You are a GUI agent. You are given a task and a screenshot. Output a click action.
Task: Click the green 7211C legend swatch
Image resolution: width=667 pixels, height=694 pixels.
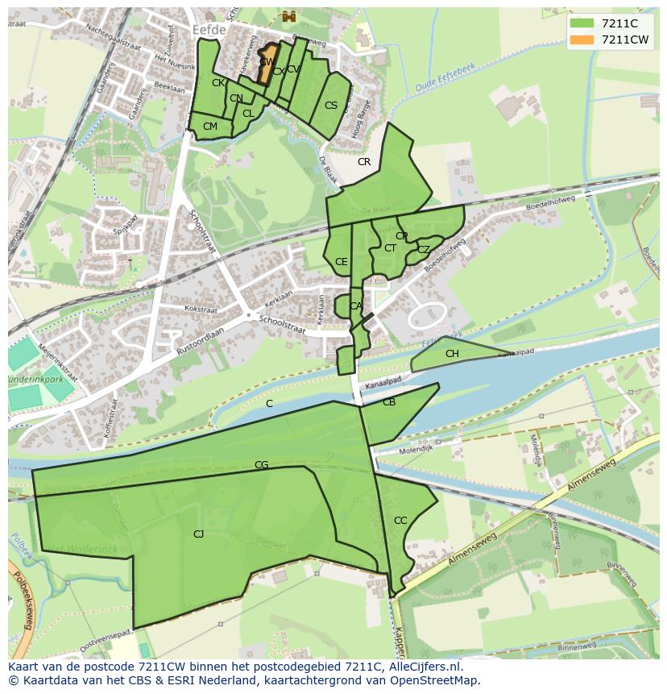pos(582,23)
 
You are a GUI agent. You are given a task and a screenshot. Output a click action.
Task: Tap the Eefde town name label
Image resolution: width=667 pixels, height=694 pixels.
pos(211,29)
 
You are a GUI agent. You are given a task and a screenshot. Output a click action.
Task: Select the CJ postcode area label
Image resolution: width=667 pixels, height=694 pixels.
pos(198,534)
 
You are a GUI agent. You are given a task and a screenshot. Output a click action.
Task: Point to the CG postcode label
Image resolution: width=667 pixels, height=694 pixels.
pos(261,465)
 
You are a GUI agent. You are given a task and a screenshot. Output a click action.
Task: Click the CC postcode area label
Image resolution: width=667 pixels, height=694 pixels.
pos(400,521)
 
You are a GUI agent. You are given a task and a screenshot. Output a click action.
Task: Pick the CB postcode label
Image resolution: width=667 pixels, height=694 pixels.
pos(389,402)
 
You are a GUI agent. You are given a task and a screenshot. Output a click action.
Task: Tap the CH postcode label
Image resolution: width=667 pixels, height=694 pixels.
pos(452,354)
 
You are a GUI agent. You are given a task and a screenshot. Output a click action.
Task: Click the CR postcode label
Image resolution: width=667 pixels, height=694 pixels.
pos(364,162)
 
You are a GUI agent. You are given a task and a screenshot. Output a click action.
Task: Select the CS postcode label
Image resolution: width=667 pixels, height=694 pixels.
pos(331,106)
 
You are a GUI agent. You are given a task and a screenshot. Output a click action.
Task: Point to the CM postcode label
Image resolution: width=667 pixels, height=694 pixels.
pos(210,127)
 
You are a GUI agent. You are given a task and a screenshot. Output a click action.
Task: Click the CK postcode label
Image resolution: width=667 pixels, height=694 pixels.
pos(218,83)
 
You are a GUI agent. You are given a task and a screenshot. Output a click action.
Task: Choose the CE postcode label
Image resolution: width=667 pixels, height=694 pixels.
pos(342,262)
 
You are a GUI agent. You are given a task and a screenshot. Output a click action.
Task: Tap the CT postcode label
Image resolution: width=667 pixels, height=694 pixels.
pos(391,248)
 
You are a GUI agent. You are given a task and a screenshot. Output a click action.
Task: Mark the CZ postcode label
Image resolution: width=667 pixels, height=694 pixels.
pos(424,250)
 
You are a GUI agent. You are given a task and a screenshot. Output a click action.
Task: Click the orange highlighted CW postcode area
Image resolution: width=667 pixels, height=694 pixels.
pos(267,64)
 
